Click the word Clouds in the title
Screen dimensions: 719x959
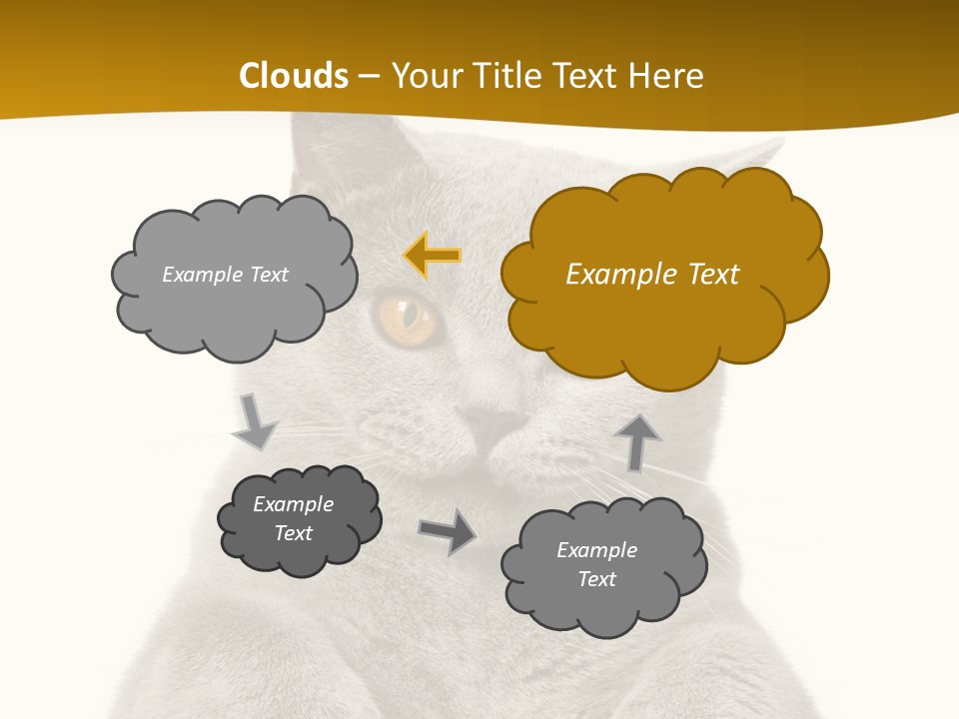point(294,76)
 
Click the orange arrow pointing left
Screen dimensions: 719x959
point(434,256)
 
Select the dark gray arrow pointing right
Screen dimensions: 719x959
point(449,531)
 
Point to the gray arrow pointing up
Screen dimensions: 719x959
point(636,441)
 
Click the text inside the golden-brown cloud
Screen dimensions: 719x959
point(652,275)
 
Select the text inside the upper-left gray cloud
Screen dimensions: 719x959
point(225,275)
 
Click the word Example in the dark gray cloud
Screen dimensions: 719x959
point(293,504)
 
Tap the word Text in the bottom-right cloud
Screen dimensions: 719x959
point(596,579)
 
